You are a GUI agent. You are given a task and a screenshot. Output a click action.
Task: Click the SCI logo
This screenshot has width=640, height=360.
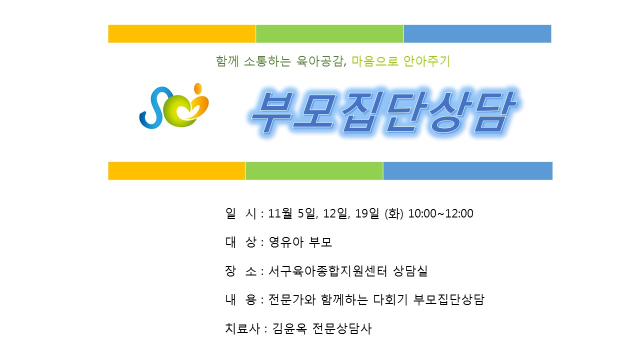(174, 105)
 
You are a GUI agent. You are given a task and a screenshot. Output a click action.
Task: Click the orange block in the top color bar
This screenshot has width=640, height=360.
(181, 33)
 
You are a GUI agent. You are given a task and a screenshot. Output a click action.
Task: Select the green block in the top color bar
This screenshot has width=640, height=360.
(329, 33)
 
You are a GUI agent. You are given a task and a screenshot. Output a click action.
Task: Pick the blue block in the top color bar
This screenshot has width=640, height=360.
(477, 33)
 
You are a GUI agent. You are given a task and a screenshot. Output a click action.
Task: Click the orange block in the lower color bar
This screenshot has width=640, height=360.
(176, 171)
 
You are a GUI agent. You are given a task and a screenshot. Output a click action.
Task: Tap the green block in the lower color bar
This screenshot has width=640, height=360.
(314, 171)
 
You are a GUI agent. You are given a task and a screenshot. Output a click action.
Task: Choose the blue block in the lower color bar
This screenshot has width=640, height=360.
(467, 171)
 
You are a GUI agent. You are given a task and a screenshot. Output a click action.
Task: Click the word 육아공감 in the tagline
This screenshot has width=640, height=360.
(319, 61)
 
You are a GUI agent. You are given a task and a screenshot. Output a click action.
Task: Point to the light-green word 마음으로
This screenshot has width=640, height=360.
(375, 61)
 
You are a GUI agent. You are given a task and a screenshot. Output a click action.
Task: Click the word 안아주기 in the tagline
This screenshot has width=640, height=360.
(427, 61)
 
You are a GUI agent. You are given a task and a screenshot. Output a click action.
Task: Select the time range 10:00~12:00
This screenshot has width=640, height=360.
(440, 213)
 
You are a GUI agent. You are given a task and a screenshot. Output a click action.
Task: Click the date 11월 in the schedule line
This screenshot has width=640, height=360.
(280, 213)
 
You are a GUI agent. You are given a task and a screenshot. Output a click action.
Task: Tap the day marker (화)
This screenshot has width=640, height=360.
(394, 213)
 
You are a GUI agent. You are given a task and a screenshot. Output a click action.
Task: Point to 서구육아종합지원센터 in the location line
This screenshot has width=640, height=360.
(327, 271)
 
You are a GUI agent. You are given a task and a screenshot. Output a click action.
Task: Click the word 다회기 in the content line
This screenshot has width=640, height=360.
(390, 299)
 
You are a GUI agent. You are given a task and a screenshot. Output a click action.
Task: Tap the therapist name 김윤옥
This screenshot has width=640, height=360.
(289, 328)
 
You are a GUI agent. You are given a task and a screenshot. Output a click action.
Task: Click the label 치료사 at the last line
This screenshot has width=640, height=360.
(242, 328)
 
